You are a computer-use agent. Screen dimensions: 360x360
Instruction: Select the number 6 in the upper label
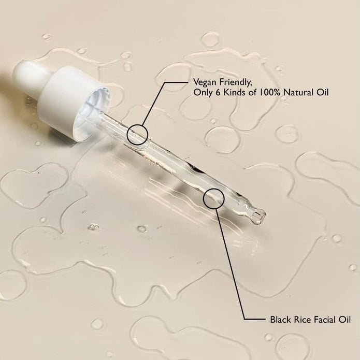218,92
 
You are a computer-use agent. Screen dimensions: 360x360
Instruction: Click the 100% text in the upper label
270,92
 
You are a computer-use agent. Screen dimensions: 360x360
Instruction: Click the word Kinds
235,92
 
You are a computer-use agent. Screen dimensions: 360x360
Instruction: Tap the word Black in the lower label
280,320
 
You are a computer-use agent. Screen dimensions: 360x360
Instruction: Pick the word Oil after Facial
344,320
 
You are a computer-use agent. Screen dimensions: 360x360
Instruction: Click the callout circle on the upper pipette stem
137,125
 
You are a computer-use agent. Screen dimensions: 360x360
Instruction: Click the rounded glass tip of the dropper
259,216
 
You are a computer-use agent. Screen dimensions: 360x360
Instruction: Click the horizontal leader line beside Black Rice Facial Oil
255,319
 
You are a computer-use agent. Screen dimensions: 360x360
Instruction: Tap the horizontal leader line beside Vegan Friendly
176,82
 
